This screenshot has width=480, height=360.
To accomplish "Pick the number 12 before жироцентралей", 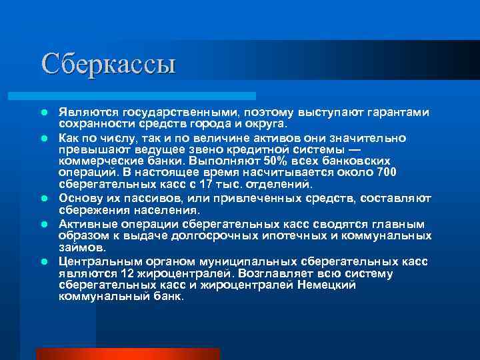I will point(129,273).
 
